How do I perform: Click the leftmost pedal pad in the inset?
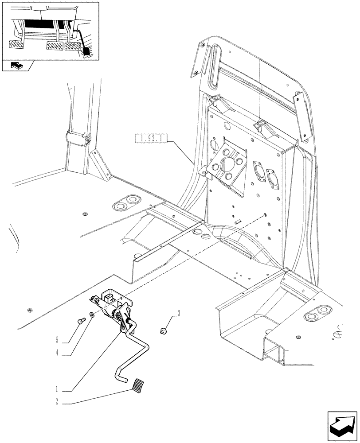click(x=16, y=44)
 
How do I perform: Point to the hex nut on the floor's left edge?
click(x=29, y=310)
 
